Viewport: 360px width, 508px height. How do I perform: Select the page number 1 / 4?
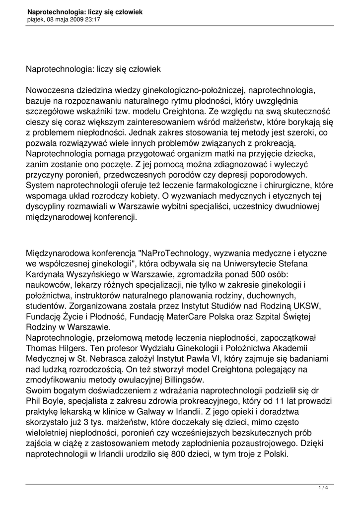point(323,488)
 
